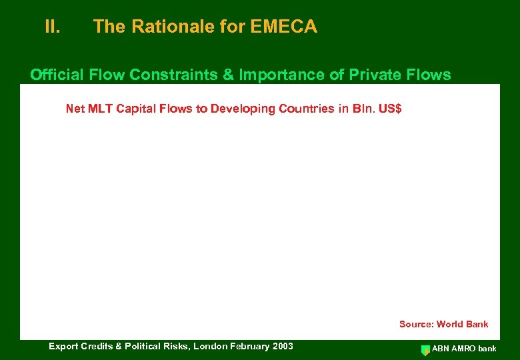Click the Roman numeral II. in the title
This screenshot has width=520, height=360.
53,27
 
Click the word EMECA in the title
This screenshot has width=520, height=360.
284,27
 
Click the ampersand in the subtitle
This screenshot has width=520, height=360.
228,75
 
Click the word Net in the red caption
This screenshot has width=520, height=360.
75,109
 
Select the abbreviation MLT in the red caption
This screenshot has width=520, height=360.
99,109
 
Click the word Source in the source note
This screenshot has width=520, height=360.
416,324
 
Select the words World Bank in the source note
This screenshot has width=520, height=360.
463,324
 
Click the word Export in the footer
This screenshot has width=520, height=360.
63,346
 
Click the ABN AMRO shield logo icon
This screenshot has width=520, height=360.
425,349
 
